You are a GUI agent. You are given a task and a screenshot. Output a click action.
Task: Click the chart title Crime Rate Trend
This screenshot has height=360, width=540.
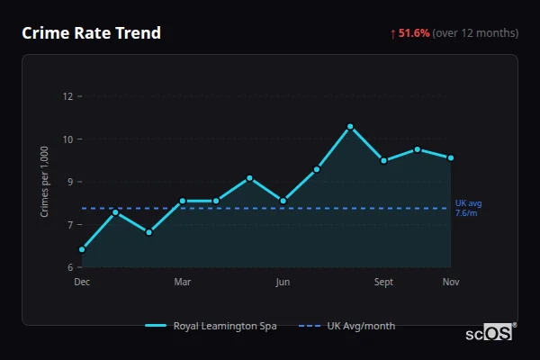click(x=91, y=33)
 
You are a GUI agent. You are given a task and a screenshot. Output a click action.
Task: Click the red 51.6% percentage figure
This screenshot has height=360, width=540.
click(x=414, y=33)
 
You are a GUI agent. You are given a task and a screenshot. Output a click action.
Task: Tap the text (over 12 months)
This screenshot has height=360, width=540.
click(x=475, y=33)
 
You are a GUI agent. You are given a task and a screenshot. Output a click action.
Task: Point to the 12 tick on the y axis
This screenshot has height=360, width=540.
click(x=67, y=96)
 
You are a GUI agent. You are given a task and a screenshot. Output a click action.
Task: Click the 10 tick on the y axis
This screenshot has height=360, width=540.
click(x=67, y=139)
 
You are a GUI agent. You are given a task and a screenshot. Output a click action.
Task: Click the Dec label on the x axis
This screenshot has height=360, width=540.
click(x=82, y=283)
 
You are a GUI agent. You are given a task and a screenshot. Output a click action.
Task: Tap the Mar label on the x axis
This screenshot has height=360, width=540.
click(x=182, y=283)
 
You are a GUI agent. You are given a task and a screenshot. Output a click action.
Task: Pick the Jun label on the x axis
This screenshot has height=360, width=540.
click(x=283, y=283)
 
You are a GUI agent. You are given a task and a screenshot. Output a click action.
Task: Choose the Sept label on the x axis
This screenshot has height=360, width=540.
click(x=383, y=283)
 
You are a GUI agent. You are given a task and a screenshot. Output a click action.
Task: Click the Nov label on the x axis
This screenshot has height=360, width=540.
click(x=451, y=283)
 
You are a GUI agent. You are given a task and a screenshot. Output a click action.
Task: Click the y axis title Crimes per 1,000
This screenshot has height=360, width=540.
click(x=44, y=182)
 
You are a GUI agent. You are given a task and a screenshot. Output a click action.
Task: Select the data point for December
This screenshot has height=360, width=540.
click(x=82, y=249)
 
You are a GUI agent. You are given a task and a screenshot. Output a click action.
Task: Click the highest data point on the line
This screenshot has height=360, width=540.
click(x=350, y=127)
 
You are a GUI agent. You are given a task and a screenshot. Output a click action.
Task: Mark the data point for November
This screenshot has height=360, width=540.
click(x=451, y=157)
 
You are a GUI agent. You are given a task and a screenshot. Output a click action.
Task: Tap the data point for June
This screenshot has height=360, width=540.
click(x=283, y=201)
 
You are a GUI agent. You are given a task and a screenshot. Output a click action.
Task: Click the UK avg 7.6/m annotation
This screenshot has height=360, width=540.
click(x=467, y=208)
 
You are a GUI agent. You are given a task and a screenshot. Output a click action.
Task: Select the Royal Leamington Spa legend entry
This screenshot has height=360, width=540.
click(x=211, y=326)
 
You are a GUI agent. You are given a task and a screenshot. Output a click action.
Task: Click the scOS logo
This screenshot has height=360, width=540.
click(x=490, y=333)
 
